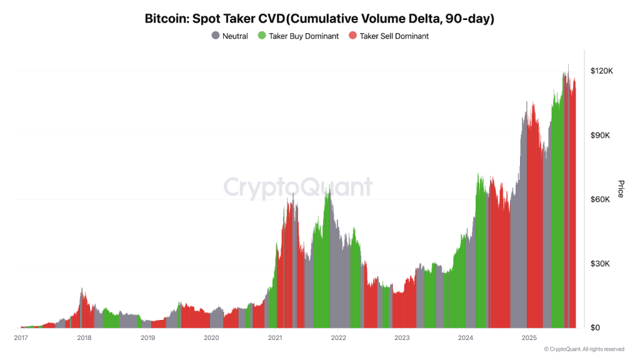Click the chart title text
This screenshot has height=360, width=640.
[x=319, y=19]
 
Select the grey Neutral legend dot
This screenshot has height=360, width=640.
[x=216, y=36]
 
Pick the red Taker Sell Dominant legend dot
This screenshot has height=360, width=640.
[x=352, y=36]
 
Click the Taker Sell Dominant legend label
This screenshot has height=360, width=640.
[x=394, y=36]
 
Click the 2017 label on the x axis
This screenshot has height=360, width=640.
[x=21, y=338]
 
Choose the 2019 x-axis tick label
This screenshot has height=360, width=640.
[x=147, y=338]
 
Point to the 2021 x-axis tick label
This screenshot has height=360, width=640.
[x=275, y=338]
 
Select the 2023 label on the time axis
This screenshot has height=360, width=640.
[x=402, y=338]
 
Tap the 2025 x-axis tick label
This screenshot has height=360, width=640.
[x=529, y=338]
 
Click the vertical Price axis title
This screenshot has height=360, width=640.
[x=621, y=189]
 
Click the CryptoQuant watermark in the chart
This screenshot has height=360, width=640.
[x=297, y=187]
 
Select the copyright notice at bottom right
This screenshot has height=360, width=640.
[x=584, y=349]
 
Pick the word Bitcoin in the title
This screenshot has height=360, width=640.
[x=166, y=19]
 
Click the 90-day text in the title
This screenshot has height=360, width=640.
[x=466, y=19]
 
